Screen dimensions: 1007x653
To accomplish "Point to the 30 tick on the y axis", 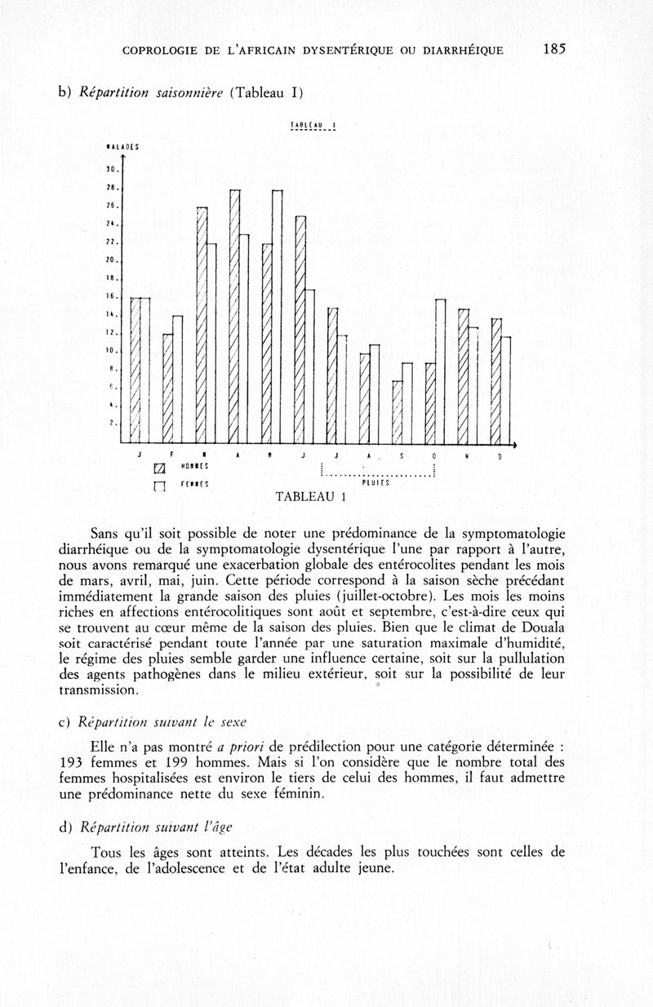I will pos(114,171).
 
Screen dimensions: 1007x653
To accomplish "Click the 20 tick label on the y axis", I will pos(114,260).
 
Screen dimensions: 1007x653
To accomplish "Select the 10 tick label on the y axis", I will pos(114,351).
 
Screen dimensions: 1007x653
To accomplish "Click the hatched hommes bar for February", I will pos(168,388).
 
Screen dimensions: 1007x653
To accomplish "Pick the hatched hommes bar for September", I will pos(398,412).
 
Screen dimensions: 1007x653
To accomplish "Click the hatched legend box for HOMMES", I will pos(160,468).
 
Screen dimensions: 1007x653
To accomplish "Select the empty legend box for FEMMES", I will pos(160,487).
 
